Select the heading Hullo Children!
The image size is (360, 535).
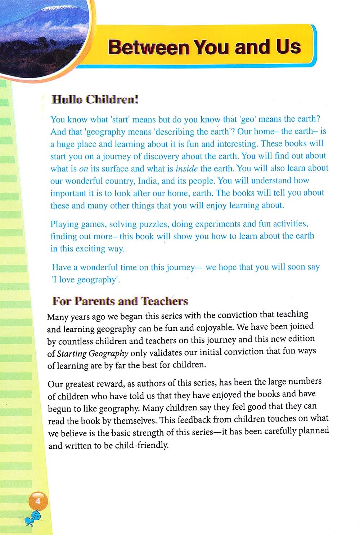coord(95,99)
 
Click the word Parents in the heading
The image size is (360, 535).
coord(96,301)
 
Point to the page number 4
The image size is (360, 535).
coord(37,501)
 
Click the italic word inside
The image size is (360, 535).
coord(186,168)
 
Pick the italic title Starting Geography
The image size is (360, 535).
coord(93,353)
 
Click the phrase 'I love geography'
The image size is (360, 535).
coord(86,280)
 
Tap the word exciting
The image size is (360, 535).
coord(90,249)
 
